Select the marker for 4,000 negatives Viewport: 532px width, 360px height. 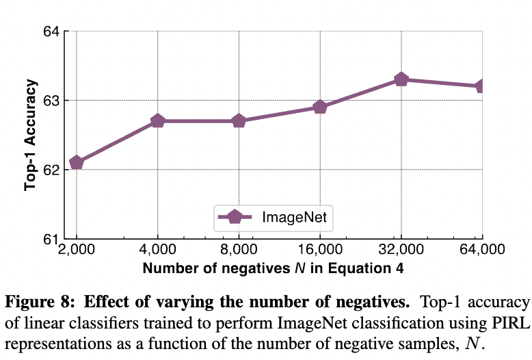[157, 121]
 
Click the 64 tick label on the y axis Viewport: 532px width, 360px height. [51, 31]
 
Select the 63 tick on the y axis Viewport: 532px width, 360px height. [51, 101]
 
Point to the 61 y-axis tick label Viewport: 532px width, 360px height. [51, 239]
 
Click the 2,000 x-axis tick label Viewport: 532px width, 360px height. [77, 251]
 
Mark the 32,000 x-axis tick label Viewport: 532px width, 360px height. [401, 251]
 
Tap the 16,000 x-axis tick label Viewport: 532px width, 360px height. [319, 251]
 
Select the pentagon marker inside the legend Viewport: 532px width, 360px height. [235, 217]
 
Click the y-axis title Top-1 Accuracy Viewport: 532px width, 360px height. [30, 135]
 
